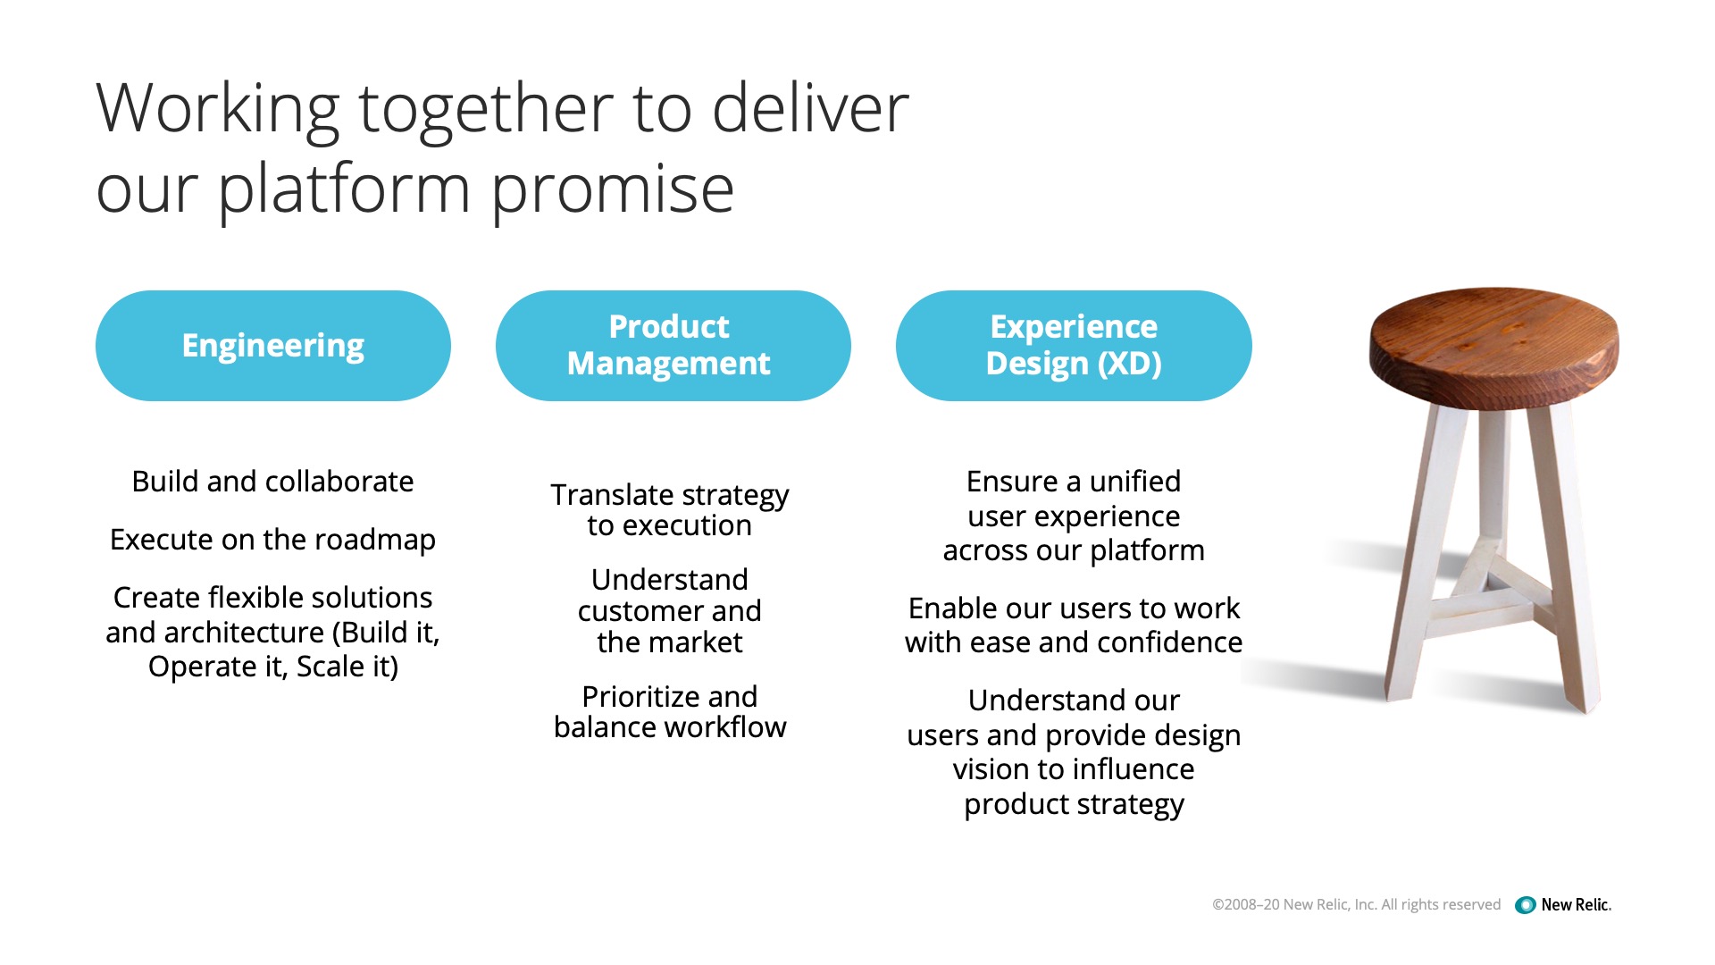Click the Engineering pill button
coord(273,346)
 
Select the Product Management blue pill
coord(673,346)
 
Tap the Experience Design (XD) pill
coord(1074,346)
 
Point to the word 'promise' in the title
coord(612,190)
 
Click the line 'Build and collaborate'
coord(272,482)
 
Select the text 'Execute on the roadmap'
coord(272,540)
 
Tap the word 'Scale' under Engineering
coord(325,667)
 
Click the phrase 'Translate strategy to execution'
coord(670,510)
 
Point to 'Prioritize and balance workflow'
coord(670,712)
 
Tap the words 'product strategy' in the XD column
coord(1074,805)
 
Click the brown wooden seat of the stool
coord(1493,347)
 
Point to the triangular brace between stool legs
coord(1488,591)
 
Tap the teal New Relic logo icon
coord(1526,905)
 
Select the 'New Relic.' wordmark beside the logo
coord(1577,905)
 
